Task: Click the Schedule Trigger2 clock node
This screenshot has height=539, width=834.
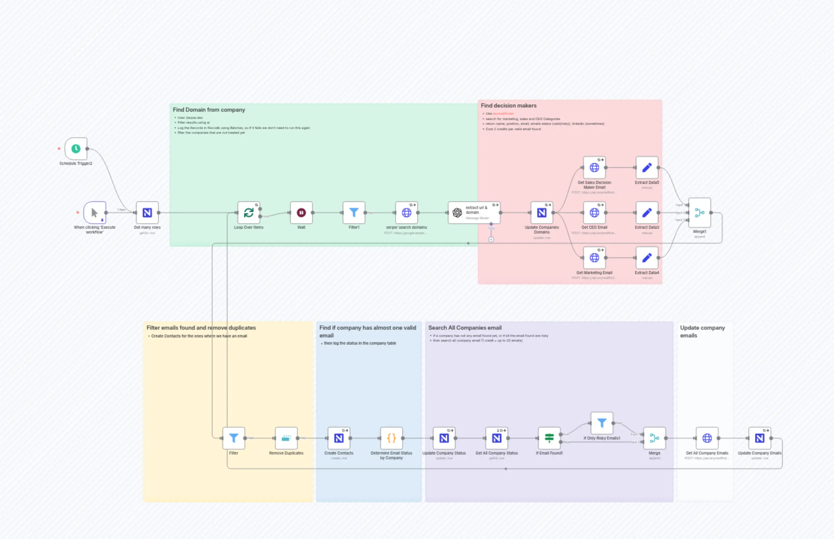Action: (76, 149)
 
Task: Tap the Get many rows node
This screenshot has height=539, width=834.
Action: (147, 212)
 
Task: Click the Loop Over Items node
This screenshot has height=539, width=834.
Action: (249, 212)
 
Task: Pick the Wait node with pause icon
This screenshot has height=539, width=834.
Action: (301, 212)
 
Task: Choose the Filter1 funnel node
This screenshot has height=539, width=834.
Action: (354, 212)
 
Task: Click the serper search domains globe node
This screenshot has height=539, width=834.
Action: (407, 212)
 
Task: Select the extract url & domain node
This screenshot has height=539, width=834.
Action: (474, 212)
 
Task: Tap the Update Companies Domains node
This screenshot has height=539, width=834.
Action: (541, 212)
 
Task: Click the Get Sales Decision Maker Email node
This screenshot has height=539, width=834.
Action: (594, 168)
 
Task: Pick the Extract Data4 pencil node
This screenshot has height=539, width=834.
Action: (647, 258)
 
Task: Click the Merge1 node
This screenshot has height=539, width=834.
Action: (699, 212)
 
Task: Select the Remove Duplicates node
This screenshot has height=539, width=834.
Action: (286, 438)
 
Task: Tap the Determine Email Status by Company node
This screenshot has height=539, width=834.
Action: (391, 438)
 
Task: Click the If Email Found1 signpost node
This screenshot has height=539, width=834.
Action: (549, 438)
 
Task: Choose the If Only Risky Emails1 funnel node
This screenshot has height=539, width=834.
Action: (602, 423)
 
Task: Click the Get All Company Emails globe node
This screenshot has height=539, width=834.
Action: (707, 438)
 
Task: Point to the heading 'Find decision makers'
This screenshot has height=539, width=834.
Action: (508, 105)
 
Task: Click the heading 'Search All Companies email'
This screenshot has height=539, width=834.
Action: (465, 328)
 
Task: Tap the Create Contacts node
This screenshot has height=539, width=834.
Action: (338, 438)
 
